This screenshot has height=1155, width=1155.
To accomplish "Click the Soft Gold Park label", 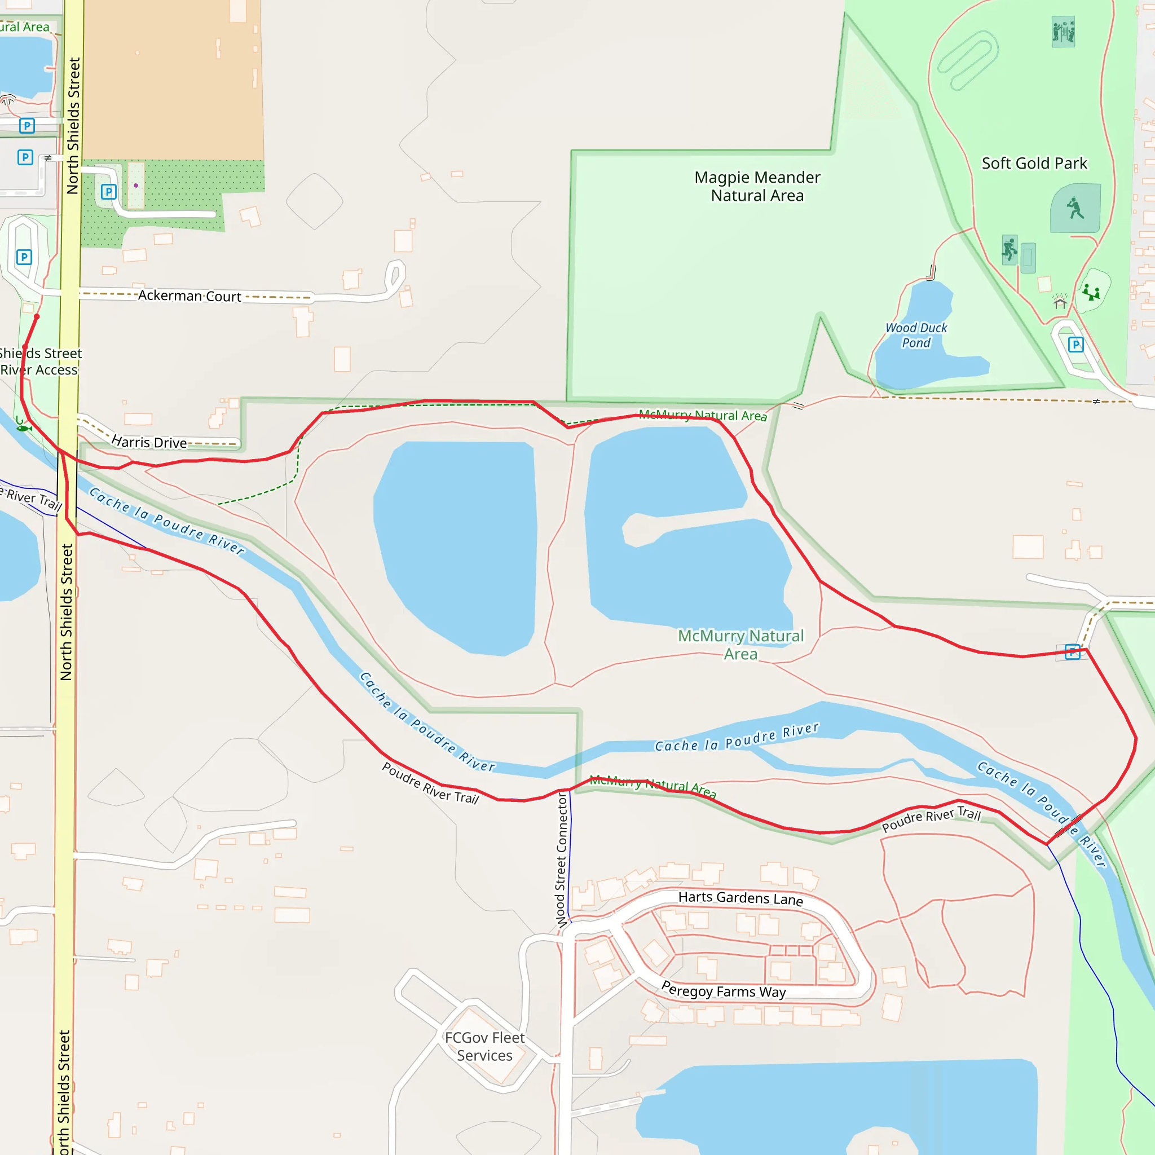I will [x=1034, y=163].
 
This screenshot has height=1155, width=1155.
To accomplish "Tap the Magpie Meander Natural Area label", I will [x=757, y=186].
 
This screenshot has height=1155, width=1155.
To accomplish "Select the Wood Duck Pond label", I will [x=916, y=335].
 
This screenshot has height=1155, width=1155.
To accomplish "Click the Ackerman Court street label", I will [x=189, y=296].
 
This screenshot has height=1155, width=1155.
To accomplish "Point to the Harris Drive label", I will [x=149, y=442].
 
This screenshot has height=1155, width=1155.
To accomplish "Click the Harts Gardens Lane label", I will [x=740, y=898].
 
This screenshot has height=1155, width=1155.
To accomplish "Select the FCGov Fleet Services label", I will [x=484, y=1046].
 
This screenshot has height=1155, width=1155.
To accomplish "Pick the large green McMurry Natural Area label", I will [x=740, y=645].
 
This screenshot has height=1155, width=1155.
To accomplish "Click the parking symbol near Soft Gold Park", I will [x=1075, y=345].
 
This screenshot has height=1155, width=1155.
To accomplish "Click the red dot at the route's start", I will [x=37, y=316].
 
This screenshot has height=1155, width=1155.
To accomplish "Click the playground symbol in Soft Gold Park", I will [x=1092, y=292].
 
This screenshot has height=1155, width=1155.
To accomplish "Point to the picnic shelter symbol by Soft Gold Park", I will [x=1060, y=302].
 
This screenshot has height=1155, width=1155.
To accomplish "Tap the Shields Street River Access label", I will [x=39, y=362].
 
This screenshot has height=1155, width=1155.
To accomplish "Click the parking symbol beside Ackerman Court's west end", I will [x=24, y=257].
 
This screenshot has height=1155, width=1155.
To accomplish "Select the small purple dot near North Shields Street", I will [x=136, y=186].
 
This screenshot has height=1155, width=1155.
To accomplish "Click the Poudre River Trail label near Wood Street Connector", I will [x=430, y=783].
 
